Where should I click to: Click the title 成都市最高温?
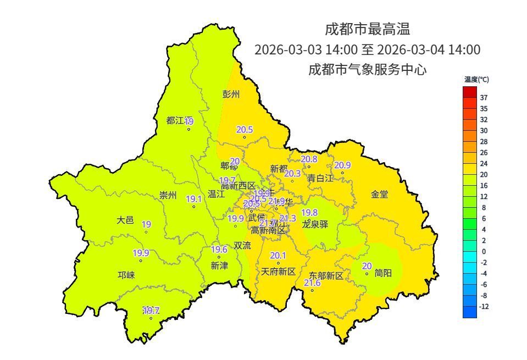tap(367, 28)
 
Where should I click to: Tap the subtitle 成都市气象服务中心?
tap(367, 70)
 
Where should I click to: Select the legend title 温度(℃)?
tap(476, 80)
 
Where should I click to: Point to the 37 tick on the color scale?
tap(484, 98)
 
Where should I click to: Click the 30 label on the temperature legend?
tap(484, 131)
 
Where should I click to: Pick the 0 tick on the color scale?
tap(483, 251)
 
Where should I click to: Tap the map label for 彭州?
tap(231, 94)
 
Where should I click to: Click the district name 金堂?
tap(379, 194)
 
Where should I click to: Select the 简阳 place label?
tap(383, 273)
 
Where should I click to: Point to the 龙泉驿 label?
tap(315, 224)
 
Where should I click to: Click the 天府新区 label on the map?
tap(278, 272)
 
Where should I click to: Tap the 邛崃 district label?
tap(126, 275)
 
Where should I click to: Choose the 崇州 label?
tap(168, 195)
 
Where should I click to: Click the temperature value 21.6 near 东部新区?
tap(312, 283)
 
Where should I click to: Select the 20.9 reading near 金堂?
tap(342, 165)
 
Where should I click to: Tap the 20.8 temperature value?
tap(309, 159)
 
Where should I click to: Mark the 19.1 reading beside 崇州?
tap(194, 199)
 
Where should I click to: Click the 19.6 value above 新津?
tap(219, 250)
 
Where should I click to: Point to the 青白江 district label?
tap(320, 178)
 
